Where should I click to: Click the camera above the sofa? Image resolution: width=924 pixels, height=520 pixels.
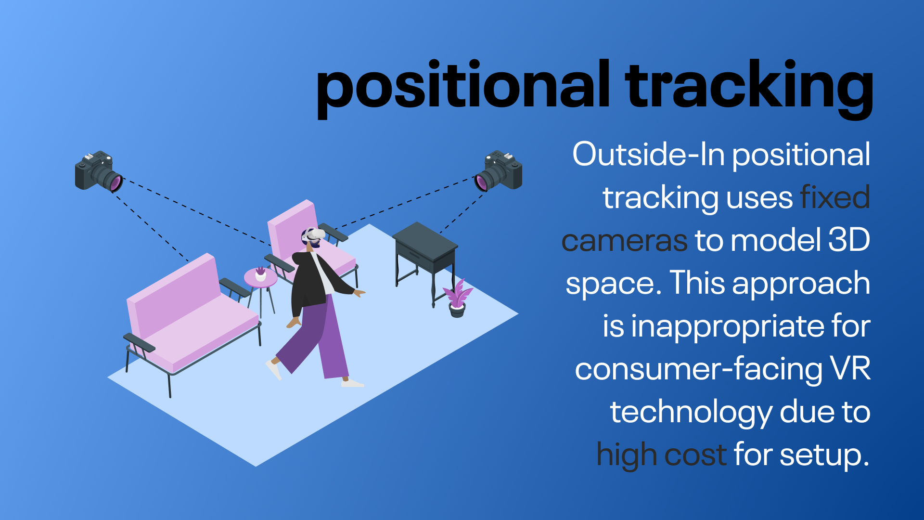pyautogui.click(x=99, y=171)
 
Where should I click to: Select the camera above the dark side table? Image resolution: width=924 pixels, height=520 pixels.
pyautogui.click(x=499, y=171)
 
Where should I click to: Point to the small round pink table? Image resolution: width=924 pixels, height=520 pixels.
pyautogui.click(x=261, y=289)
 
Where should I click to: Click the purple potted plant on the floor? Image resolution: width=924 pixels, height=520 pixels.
pyautogui.click(x=457, y=299)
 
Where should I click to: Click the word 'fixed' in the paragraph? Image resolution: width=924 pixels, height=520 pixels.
pyautogui.click(x=835, y=197)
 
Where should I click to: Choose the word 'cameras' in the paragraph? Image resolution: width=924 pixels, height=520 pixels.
pyautogui.click(x=624, y=241)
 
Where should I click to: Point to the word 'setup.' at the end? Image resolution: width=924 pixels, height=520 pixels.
pyautogui.click(x=824, y=455)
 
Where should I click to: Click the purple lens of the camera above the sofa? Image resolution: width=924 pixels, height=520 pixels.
pyautogui.click(x=115, y=183)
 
